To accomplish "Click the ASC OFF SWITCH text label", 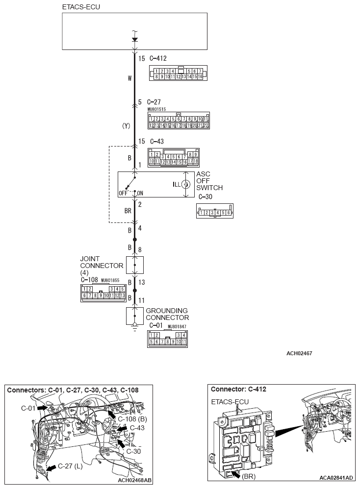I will click(x=209, y=181).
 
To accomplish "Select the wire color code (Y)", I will click(x=126, y=126).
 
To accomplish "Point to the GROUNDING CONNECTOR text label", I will click(x=167, y=314).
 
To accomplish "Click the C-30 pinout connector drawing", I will click(x=214, y=212).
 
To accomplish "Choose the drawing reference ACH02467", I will click(x=300, y=353).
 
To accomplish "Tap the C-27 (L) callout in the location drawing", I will click(x=70, y=466).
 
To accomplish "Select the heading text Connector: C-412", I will click(x=238, y=390).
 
